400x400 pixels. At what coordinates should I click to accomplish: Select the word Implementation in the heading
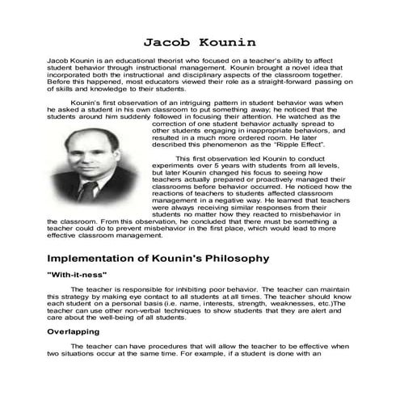coord(95,259)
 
